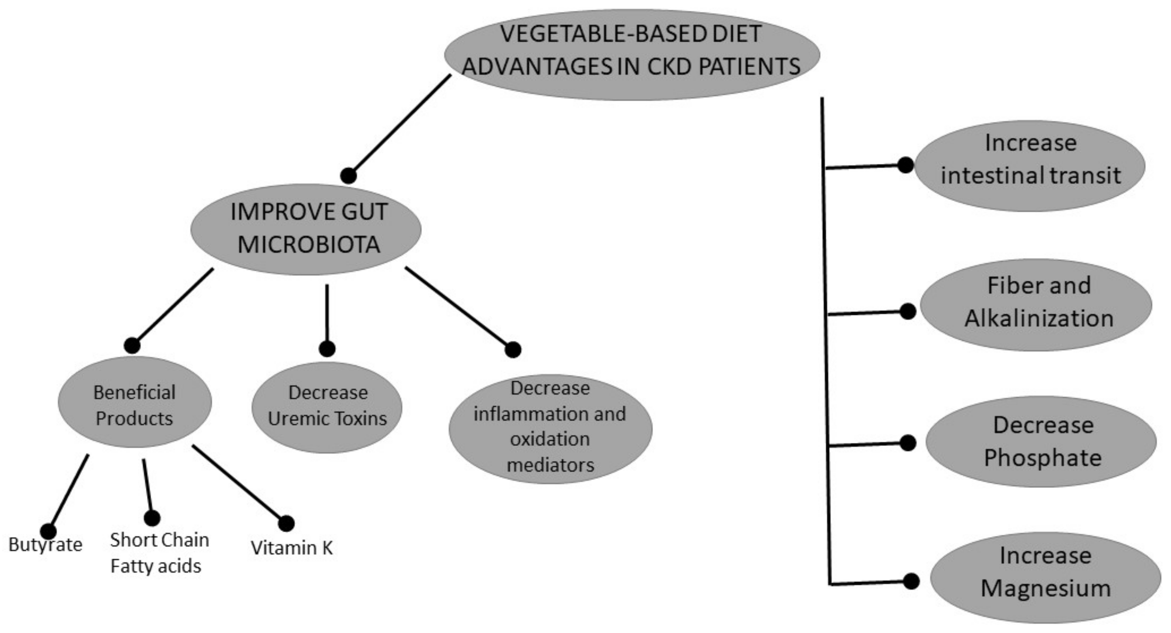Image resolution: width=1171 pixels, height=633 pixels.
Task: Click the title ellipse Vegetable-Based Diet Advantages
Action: pos(632,54)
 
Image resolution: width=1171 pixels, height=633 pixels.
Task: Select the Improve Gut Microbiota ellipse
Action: pos(305,229)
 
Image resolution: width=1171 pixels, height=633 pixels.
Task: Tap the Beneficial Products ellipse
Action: pos(135,402)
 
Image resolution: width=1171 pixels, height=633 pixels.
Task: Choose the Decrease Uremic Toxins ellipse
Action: pos(327,407)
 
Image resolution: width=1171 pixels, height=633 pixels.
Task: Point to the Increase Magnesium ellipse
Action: pos(1046,578)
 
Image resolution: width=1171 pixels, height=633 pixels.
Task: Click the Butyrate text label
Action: pos(45,545)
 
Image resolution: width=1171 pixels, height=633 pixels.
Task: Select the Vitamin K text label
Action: pos(292,548)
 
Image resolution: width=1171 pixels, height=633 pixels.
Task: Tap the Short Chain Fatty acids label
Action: pos(159,553)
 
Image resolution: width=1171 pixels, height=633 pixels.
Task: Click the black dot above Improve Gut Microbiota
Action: pos(348,175)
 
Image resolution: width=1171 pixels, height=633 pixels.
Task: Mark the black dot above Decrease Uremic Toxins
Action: pos(327,349)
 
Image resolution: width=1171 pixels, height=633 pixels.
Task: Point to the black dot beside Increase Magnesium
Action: pos(911,581)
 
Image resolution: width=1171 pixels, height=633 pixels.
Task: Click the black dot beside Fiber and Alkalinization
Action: pos(908,312)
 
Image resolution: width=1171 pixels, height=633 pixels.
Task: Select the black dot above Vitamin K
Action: pos(286,524)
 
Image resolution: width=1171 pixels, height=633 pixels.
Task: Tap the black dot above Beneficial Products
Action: pos(132,346)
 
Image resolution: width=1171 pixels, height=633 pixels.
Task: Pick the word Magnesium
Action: pos(1046,588)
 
